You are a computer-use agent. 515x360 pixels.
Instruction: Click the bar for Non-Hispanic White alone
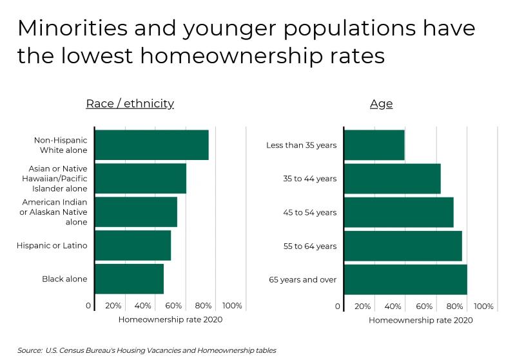[x=151, y=145]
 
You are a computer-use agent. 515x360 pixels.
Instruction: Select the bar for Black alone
[x=129, y=279]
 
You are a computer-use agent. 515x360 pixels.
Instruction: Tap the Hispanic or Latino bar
[x=133, y=245]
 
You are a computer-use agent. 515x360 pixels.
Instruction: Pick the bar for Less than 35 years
[x=374, y=145]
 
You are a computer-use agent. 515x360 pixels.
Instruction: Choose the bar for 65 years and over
[x=405, y=279]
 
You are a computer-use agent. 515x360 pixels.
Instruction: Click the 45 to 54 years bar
[x=399, y=212]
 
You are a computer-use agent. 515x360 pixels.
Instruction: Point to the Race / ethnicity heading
[x=130, y=103]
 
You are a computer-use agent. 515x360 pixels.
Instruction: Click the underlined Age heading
[x=381, y=103]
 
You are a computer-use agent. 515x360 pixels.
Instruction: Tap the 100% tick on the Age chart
[x=483, y=306]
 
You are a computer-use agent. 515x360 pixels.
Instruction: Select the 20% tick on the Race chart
[x=113, y=306]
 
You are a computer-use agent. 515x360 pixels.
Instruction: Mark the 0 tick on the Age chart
[x=338, y=306]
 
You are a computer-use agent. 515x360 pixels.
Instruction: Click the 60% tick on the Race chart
[x=173, y=306]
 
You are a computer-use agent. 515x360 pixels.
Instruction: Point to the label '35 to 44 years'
[x=309, y=179]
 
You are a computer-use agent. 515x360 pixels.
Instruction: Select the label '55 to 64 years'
[x=309, y=246]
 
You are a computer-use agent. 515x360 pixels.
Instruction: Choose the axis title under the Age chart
[x=421, y=320]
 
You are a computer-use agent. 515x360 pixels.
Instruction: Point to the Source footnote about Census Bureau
[x=147, y=350]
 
